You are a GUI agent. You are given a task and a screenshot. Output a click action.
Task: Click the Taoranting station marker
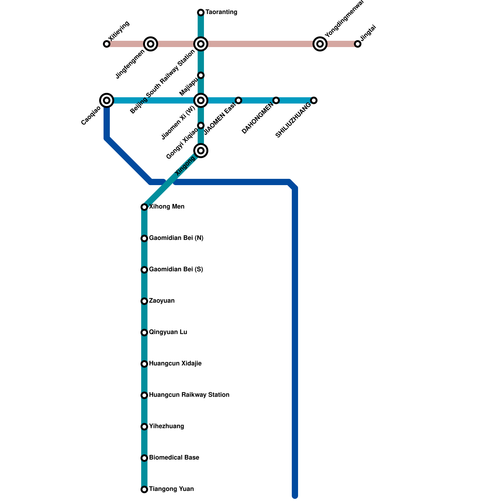(x=201, y=13)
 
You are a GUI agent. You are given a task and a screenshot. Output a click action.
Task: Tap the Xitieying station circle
(x=107, y=44)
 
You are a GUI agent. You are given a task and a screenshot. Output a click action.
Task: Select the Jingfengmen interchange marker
(x=151, y=44)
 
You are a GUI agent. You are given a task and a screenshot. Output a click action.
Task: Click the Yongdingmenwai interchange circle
(x=320, y=44)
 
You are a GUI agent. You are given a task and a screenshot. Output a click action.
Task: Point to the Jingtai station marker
(x=358, y=44)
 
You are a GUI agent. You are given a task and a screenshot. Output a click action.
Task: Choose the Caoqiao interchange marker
(x=107, y=100)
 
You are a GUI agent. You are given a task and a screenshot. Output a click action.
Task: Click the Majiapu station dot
(x=201, y=75)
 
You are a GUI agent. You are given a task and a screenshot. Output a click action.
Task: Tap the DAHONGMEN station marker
(x=276, y=100)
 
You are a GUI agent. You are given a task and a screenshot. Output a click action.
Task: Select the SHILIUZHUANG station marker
(x=314, y=100)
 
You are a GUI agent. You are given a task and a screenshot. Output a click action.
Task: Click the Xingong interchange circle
(x=201, y=151)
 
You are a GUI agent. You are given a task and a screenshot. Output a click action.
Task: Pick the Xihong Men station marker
(x=144, y=207)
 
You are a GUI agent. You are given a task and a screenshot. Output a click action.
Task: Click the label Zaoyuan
(x=162, y=301)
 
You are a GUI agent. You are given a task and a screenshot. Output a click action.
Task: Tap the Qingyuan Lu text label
(x=168, y=332)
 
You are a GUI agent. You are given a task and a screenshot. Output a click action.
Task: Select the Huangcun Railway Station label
(x=189, y=395)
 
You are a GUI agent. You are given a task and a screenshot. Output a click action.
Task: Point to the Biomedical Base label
(x=174, y=458)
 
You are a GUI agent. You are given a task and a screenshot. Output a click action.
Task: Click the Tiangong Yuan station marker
(x=144, y=489)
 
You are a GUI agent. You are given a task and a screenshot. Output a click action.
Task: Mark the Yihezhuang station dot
(x=144, y=427)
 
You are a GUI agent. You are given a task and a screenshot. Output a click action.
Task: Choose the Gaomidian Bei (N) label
(x=176, y=238)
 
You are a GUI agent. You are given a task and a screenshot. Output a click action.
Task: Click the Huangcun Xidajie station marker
(x=144, y=364)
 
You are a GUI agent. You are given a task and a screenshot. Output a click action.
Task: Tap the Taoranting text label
(x=221, y=12)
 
